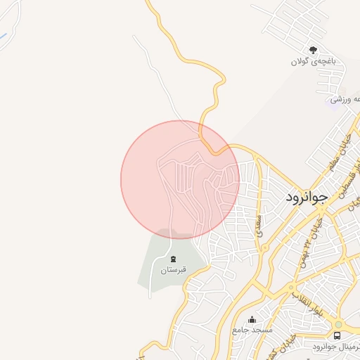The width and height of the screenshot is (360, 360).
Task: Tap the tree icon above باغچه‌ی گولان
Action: click(313, 50)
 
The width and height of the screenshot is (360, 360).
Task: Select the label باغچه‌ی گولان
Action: click(314, 62)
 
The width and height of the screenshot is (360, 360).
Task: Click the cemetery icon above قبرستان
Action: click(174, 259)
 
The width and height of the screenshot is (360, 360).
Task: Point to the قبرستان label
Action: click(174, 270)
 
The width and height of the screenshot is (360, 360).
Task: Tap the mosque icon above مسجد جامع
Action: click(252, 320)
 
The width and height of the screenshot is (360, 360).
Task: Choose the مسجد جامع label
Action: click(252, 330)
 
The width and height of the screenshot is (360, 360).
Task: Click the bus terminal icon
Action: click(337, 336)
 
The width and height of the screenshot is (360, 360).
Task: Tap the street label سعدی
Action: click(259, 225)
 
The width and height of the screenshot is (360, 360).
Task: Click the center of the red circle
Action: click(180, 180)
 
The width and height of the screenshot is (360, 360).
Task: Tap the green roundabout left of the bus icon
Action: click(337, 324)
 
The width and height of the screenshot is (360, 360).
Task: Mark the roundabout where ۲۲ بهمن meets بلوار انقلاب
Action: click(292, 287)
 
